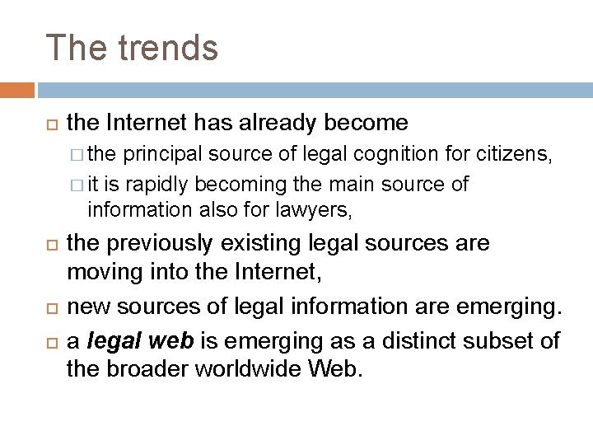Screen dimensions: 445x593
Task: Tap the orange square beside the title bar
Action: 16,89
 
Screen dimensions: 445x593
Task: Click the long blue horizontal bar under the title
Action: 313,89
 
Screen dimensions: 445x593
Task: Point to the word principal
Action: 161,154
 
